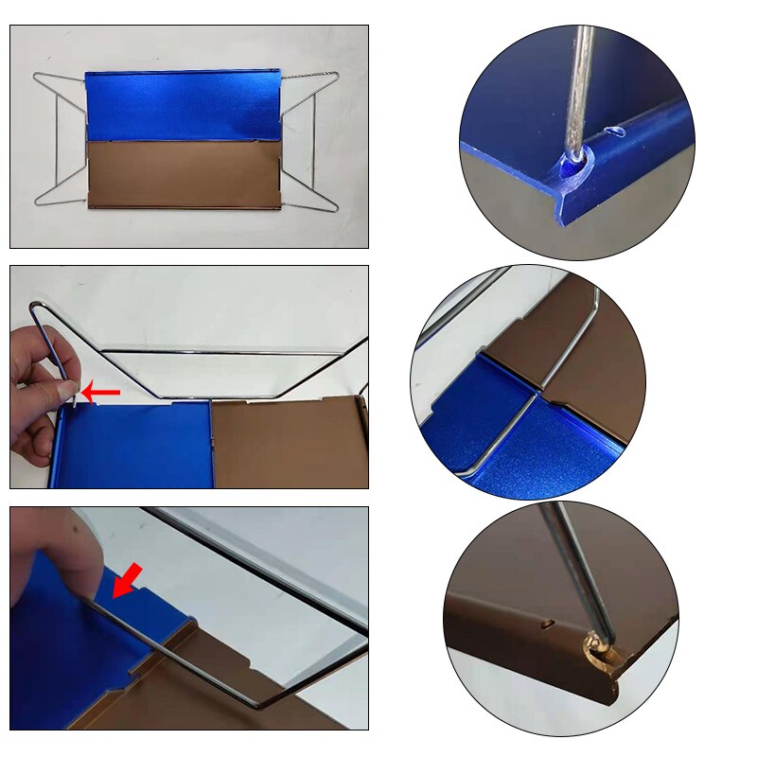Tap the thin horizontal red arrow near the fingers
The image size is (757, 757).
(x=102, y=392)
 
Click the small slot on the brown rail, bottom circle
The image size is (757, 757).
(x=548, y=624)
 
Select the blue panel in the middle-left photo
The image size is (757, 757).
(x=132, y=445)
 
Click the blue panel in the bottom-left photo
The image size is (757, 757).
(x=57, y=653)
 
